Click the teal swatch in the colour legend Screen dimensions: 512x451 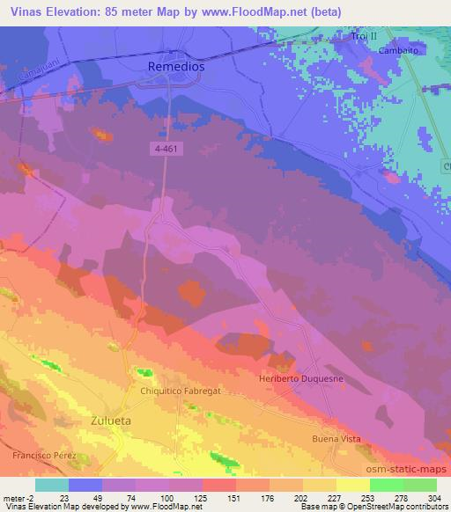(x=51, y=485)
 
